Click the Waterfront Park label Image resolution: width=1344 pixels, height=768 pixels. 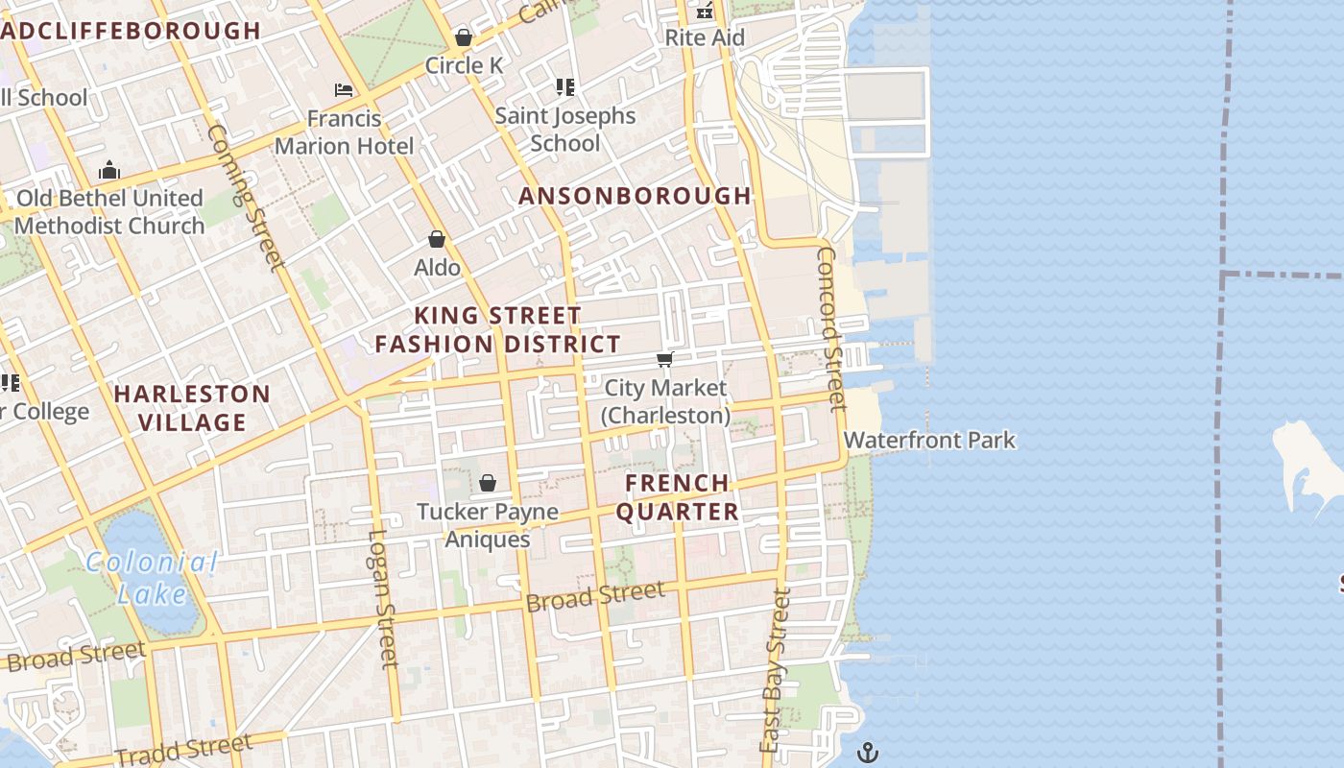(929, 441)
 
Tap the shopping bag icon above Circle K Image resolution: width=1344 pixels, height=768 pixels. (464, 37)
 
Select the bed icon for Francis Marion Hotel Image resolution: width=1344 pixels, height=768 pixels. (344, 90)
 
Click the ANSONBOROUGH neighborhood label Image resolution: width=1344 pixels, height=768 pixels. (635, 196)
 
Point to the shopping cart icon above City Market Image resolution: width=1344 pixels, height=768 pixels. (664, 360)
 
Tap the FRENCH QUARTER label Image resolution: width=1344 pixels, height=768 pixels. (678, 497)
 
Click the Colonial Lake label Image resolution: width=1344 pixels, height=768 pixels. (152, 577)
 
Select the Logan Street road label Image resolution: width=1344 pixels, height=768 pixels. (383, 598)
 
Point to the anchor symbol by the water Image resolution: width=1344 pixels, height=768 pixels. (868, 752)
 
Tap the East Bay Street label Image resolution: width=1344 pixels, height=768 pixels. (776, 670)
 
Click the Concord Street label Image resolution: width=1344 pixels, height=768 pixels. (830, 329)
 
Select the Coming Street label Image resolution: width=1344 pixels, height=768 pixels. (245, 197)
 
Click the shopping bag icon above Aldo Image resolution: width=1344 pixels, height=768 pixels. (437, 239)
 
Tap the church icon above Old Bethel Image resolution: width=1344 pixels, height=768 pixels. (109, 171)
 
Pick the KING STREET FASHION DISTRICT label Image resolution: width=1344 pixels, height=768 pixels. (497, 329)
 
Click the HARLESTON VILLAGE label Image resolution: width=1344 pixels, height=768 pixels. (193, 408)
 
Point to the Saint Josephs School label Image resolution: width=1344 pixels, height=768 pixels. (564, 130)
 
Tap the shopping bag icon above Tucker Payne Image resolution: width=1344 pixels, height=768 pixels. (488, 483)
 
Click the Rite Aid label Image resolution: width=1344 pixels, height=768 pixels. (705, 38)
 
